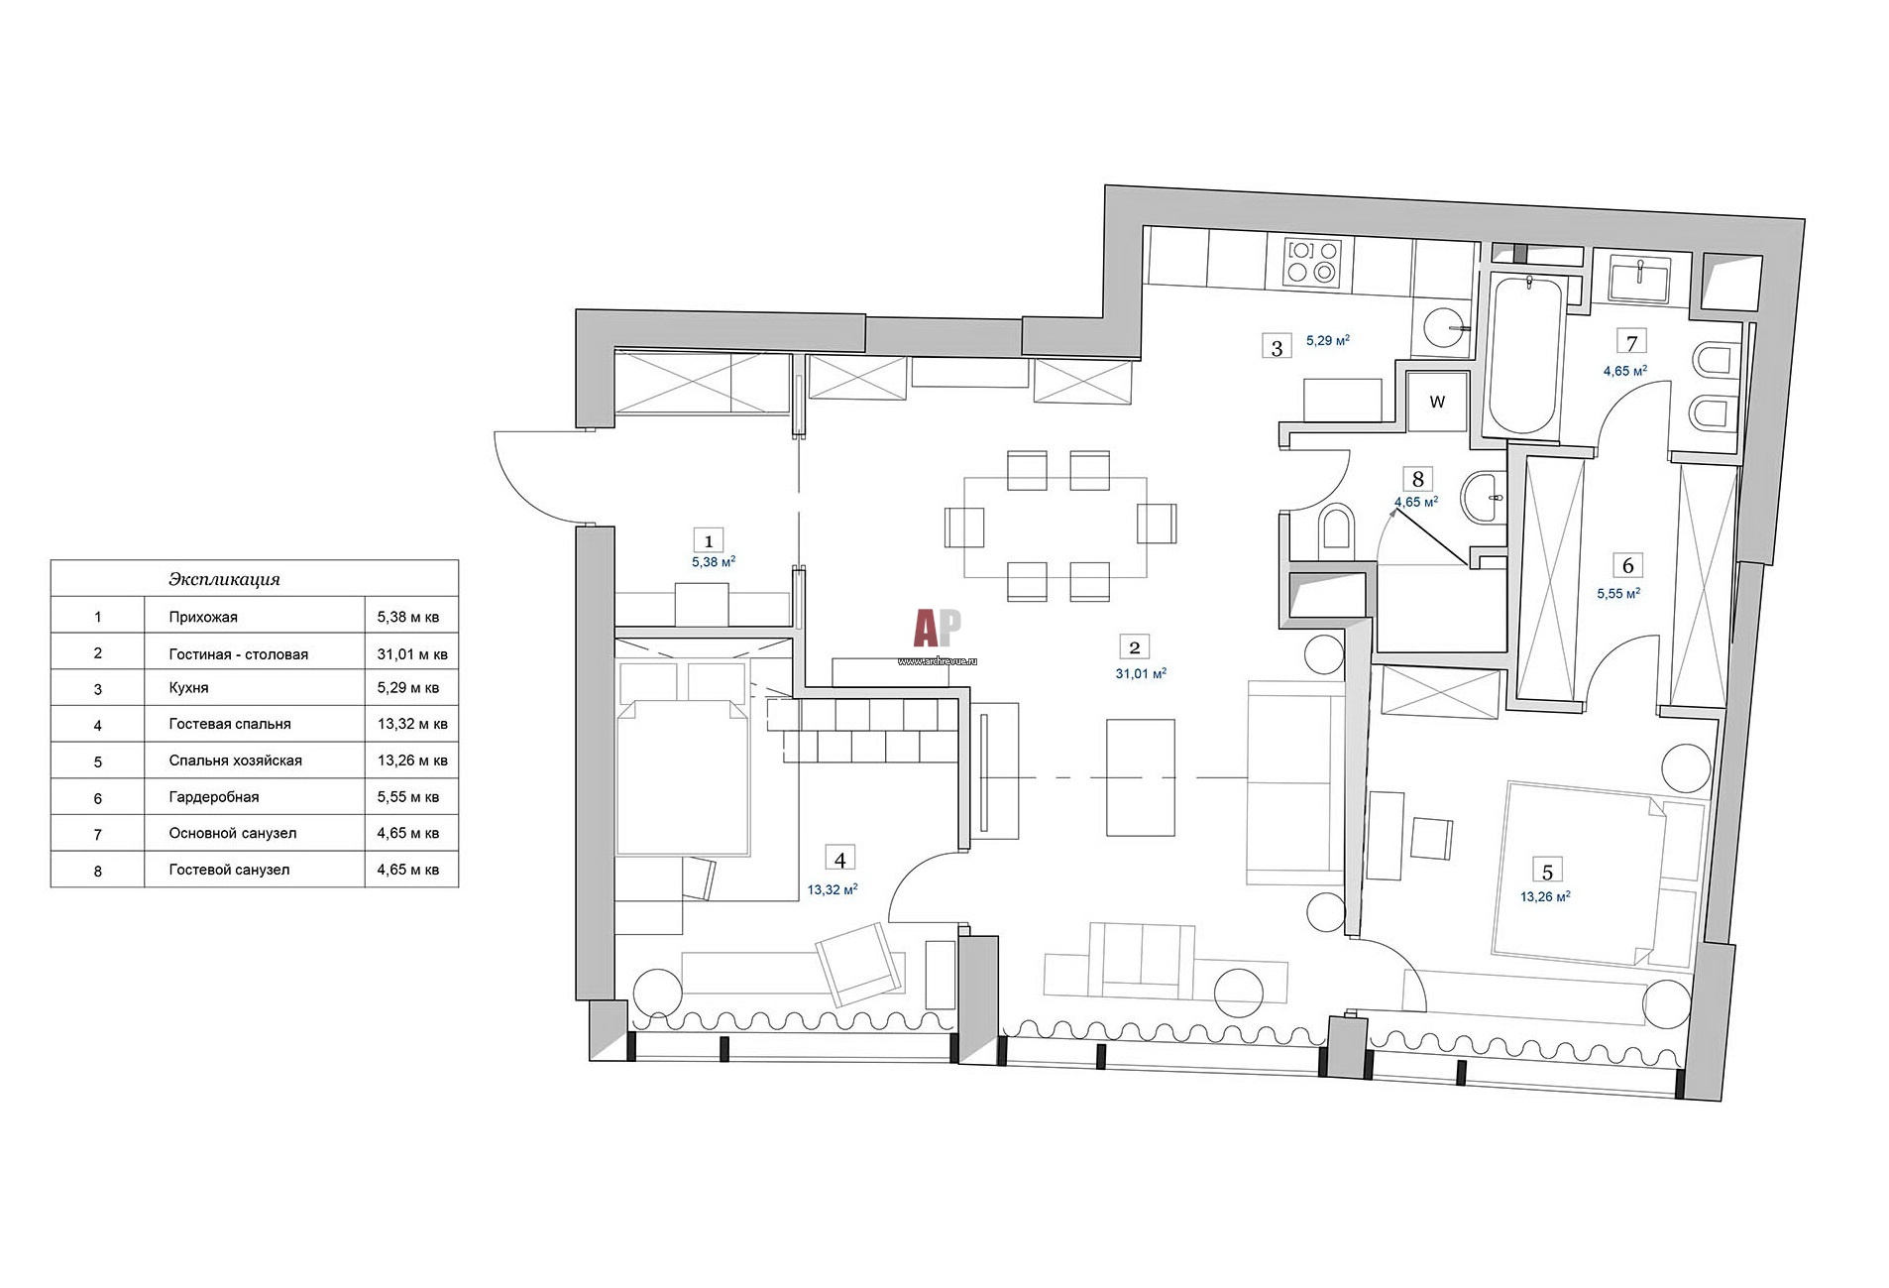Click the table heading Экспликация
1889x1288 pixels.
(x=224, y=579)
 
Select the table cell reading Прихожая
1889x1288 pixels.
(x=203, y=617)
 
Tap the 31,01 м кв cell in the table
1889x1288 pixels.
(x=412, y=653)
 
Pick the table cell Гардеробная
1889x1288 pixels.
(x=214, y=797)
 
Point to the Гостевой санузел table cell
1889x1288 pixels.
(x=229, y=870)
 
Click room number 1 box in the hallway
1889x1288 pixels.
(x=708, y=540)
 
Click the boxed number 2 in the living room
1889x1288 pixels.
(x=1134, y=647)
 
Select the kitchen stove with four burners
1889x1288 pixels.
(x=1311, y=263)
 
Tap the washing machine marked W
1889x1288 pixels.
(x=1436, y=402)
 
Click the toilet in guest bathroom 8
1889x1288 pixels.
(x=1335, y=527)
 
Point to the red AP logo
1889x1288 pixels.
(x=937, y=628)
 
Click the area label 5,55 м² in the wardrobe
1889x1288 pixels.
(x=1618, y=593)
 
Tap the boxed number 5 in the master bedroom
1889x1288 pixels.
(x=1546, y=872)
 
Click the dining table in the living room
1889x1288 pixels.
(x=1056, y=527)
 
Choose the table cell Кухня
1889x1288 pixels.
(x=188, y=687)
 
